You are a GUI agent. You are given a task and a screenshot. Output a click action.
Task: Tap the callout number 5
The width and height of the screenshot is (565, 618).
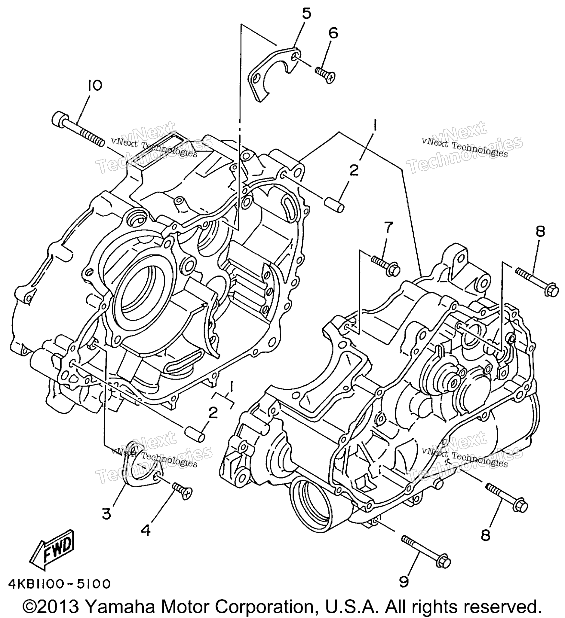tap(306, 14)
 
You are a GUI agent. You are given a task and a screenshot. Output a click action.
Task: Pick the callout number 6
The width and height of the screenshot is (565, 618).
tap(333, 33)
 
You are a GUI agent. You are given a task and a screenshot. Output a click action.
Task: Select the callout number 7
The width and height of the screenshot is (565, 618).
tap(388, 228)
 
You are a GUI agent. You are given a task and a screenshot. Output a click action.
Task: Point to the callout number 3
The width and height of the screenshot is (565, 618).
tap(106, 514)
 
